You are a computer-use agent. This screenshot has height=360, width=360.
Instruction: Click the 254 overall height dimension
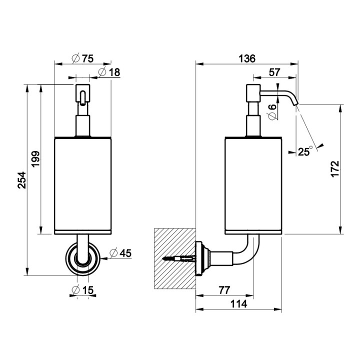(22, 180)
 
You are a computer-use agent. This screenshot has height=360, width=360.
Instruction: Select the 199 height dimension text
(35, 159)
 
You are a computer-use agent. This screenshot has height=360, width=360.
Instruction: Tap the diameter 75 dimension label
(82, 58)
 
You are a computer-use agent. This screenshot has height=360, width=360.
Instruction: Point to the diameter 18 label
(109, 72)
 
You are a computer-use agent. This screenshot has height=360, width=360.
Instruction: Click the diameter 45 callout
(120, 253)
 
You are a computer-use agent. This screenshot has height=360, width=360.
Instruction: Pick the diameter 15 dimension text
(82, 290)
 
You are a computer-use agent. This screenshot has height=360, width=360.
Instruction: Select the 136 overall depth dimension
(247, 58)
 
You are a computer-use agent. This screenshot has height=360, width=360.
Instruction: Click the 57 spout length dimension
(274, 72)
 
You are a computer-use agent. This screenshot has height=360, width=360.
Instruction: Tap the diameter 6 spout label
(272, 112)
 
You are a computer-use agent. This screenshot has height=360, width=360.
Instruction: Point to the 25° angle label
(305, 151)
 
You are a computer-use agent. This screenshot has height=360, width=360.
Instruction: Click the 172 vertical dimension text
(335, 169)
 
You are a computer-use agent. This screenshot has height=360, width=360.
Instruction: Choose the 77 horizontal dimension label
(224, 290)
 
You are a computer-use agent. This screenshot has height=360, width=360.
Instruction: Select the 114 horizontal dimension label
(239, 304)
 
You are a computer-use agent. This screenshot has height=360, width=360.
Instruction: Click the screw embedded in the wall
(179, 259)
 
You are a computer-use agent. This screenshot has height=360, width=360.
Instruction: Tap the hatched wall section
(174, 258)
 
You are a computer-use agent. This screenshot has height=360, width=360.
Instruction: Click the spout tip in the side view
(296, 104)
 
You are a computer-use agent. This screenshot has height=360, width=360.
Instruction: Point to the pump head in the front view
(82, 93)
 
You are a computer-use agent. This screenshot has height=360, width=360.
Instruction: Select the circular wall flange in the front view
(82, 258)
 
